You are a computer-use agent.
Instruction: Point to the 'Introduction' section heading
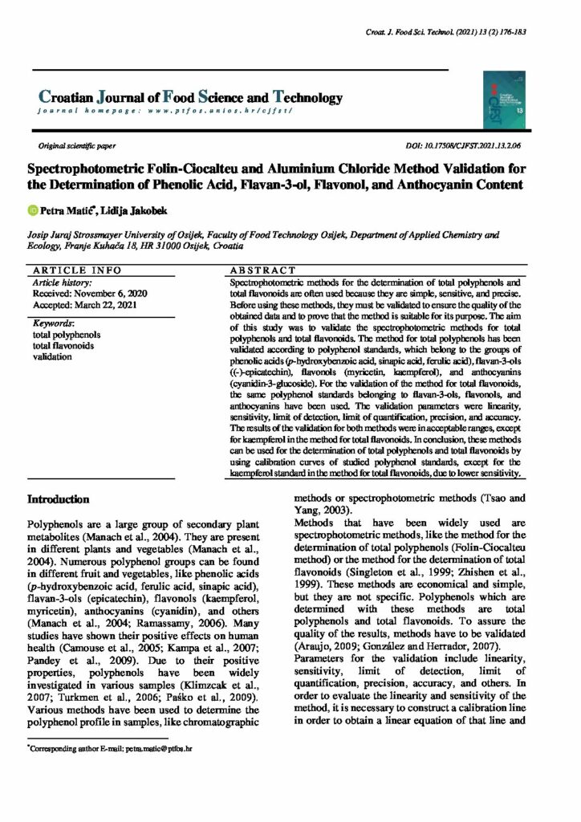pyautogui.click(x=59, y=499)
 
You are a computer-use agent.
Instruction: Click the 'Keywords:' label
pyautogui.click(x=53, y=323)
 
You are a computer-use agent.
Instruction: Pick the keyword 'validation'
pyautogui.click(x=52, y=356)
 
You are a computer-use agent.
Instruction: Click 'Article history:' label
pyautogui.click(x=60, y=283)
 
